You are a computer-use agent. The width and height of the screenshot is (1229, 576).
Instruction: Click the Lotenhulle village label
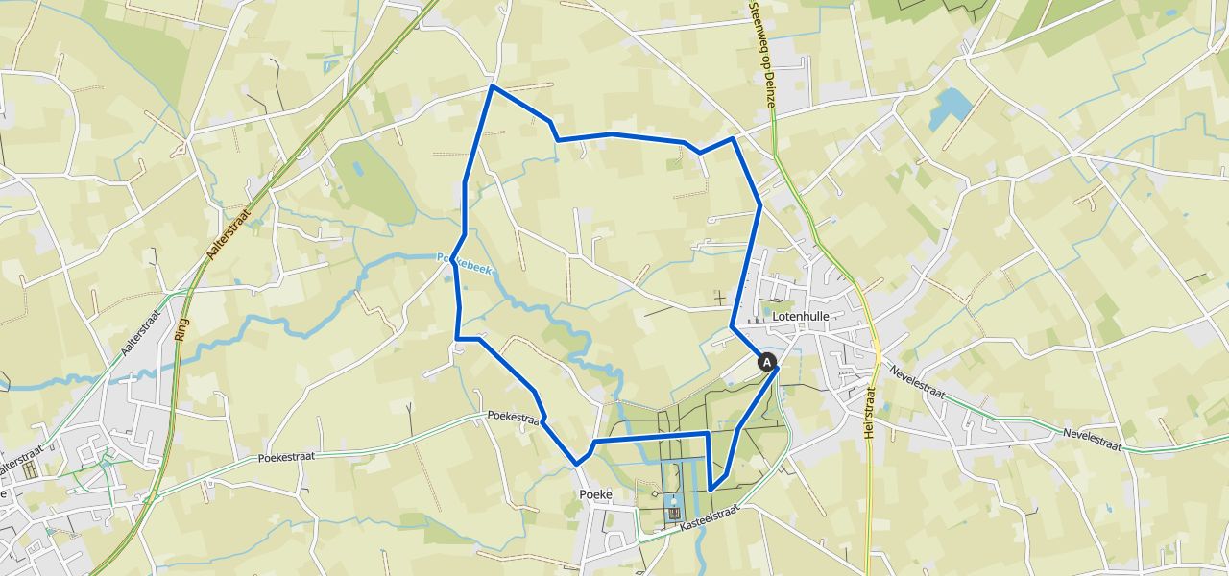800,315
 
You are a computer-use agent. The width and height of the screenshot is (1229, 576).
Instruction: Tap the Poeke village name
595,494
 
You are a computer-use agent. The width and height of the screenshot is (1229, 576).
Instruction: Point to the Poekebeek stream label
465,264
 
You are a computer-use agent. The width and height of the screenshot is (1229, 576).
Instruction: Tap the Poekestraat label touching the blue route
514,419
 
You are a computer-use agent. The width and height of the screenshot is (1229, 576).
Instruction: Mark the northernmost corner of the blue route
493,86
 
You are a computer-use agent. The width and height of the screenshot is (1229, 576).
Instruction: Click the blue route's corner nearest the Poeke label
577,465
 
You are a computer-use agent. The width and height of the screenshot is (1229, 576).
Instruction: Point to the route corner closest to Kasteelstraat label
711,491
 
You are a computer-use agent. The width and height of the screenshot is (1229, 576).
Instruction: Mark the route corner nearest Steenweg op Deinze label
734,138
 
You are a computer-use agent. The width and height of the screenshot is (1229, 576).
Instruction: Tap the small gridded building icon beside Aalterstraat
29,469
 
